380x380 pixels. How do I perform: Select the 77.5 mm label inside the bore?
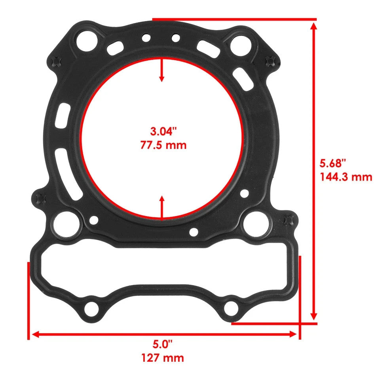[163, 145]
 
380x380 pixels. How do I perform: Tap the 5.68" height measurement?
[333, 163]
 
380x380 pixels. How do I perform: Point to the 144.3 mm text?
[346, 177]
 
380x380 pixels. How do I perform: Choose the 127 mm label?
[163, 358]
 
